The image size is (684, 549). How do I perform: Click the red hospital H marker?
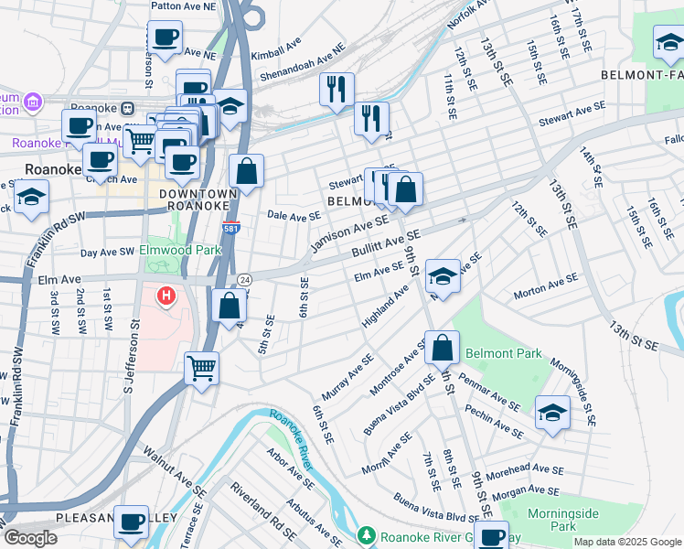click(166, 296)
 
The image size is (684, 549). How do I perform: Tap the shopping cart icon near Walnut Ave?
click(201, 369)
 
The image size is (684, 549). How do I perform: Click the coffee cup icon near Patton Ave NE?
click(165, 38)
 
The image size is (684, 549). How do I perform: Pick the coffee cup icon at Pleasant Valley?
click(131, 522)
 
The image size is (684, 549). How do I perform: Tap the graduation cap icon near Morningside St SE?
click(552, 413)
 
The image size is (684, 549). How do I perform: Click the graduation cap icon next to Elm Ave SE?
click(443, 275)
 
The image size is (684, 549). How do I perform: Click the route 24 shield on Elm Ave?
click(244, 278)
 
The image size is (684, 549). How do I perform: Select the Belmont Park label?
click(503, 353)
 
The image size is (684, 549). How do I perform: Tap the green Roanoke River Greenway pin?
click(367, 534)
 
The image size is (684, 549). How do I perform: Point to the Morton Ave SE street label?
click(546, 286)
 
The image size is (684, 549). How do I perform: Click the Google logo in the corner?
click(30, 539)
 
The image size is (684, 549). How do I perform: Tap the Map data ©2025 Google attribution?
click(626, 542)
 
